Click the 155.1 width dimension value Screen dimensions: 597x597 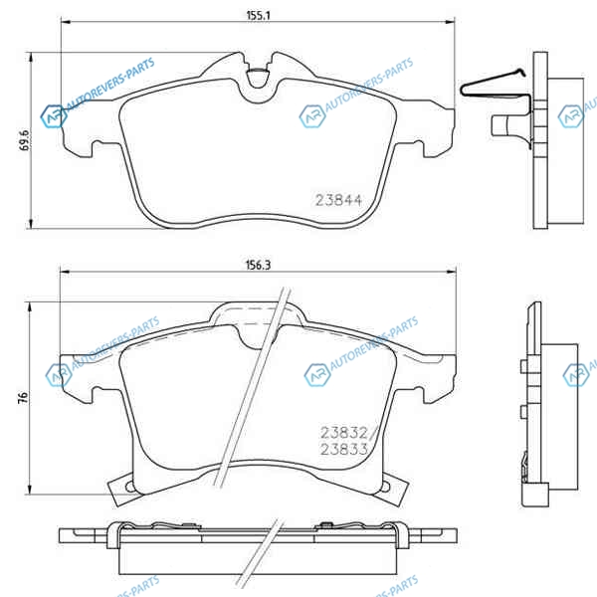coord(258,16)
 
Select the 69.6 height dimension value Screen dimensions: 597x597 coord(24,139)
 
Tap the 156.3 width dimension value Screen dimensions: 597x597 coord(258,265)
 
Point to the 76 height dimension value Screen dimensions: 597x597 coord(24,397)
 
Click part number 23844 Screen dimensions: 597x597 coord(338,200)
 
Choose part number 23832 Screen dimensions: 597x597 coord(344,433)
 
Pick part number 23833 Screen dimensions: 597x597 coord(344,449)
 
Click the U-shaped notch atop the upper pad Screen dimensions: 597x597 coord(258,78)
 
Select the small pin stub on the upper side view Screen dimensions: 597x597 coord(499,125)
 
